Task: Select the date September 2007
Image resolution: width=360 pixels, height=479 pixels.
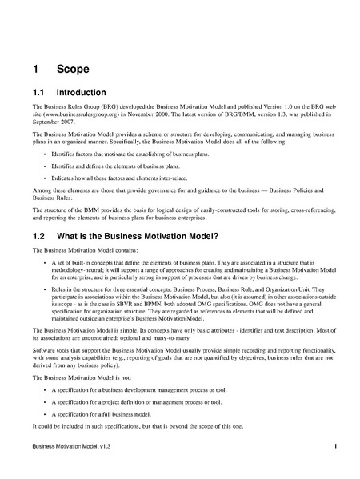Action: tap(50, 122)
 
